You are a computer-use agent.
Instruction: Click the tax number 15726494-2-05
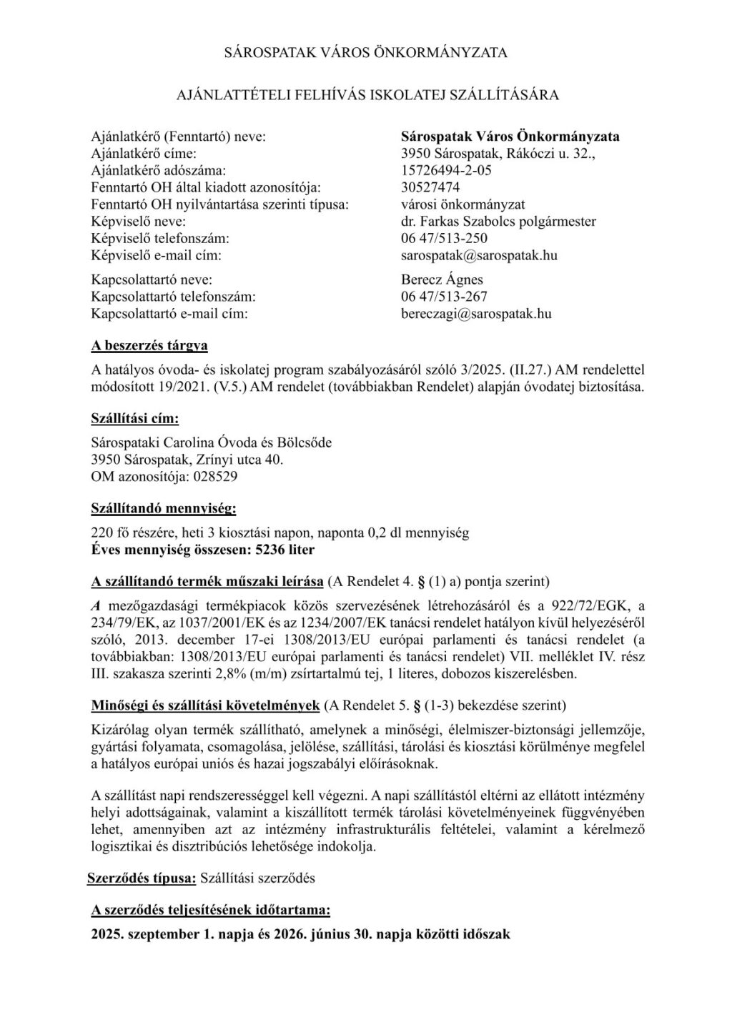[x=446, y=170]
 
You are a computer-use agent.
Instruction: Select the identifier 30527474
[x=430, y=187]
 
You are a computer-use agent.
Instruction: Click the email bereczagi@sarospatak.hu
[x=477, y=313]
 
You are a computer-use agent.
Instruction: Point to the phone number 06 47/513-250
[x=445, y=238]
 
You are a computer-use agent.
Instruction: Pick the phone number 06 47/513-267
[x=445, y=296]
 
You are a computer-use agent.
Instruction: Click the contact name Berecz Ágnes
[x=442, y=279]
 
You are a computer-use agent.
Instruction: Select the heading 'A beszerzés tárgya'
[x=149, y=346]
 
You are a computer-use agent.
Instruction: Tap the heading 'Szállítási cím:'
[x=135, y=418]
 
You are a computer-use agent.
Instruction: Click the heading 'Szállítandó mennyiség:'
[x=164, y=509]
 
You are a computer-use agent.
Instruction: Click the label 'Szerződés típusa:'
[x=141, y=877]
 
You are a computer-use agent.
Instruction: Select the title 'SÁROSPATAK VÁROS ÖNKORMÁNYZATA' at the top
[x=366, y=52]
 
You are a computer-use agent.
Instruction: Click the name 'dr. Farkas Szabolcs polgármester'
[x=499, y=222]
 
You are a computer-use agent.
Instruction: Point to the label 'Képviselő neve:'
[x=139, y=222]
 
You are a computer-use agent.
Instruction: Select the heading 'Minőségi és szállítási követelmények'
[x=205, y=705]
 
